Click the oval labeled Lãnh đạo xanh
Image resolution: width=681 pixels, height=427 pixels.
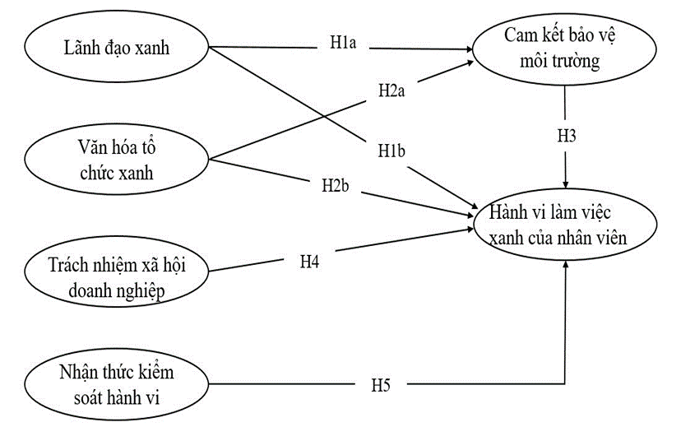pyautogui.click(x=115, y=48)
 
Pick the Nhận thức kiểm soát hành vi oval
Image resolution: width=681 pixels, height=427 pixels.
pyautogui.click(x=115, y=384)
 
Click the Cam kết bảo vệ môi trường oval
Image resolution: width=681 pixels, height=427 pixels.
pyautogui.click(x=564, y=49)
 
